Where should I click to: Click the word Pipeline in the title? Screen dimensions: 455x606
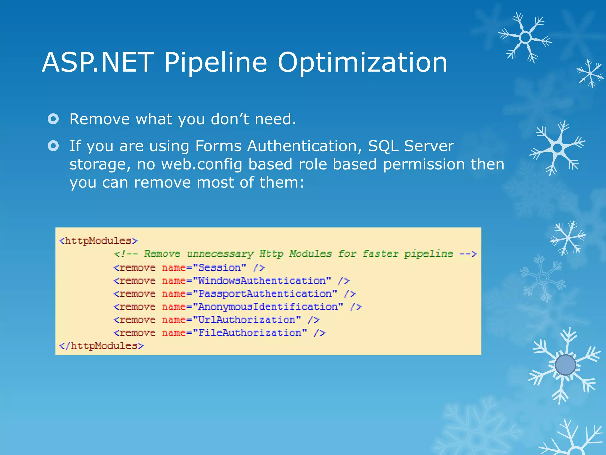click(215, 63)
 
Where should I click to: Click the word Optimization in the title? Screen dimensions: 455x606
click(362, 63)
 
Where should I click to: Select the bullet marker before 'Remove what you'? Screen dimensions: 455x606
click(53, 119)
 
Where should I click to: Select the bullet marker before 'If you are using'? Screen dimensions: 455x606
click(53, 146)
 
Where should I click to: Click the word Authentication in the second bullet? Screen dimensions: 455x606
click(302, 146)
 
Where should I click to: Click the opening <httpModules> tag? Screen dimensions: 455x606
click(98, 241)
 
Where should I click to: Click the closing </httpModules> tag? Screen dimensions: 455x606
click(101, 346)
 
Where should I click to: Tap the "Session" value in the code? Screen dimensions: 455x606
click(220, 268)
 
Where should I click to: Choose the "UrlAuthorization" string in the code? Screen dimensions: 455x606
click(247, 320)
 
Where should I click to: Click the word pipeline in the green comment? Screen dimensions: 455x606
click(428, 254)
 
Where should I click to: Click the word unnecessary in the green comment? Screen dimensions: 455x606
click(220, 254)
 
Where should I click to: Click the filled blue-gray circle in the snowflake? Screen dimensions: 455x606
click(565, 365)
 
